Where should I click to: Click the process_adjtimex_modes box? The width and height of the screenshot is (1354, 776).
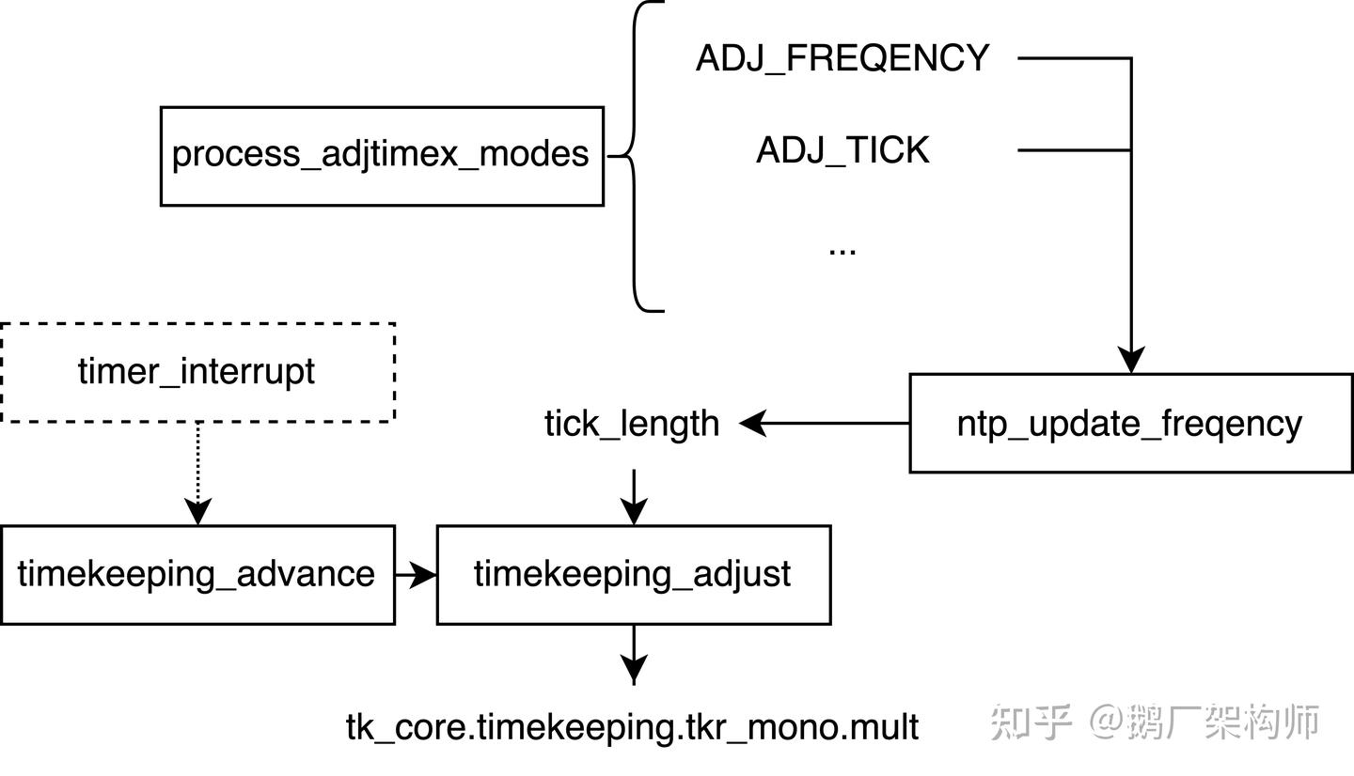[381, 155]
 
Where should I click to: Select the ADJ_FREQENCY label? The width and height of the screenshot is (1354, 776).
[842, 58]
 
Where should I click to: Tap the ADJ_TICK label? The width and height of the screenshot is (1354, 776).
[842, 150]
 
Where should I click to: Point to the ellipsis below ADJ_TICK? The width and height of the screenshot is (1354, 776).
[842, 250]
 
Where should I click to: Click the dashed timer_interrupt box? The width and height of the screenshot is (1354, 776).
[197, 372]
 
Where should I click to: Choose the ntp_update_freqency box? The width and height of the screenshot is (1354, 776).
[1130, 423]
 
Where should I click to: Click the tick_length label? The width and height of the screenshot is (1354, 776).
[631, 424]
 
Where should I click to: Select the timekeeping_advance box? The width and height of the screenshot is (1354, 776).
[197, 574]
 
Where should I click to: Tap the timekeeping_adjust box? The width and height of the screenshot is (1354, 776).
[633, 574]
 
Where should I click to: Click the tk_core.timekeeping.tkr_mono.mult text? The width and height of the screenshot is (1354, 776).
[632, 727]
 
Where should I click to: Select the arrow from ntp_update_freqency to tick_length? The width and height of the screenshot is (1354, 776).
[827, 424]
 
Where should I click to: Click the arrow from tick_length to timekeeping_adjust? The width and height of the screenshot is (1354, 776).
[634, 497]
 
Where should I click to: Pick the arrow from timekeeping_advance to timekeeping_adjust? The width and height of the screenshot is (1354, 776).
[416, 574]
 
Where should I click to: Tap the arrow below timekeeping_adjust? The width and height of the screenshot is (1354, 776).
[634, 654]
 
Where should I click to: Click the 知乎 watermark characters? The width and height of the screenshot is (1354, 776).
[1031, 722]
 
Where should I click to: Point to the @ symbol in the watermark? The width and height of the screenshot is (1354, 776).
[1107, 722]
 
